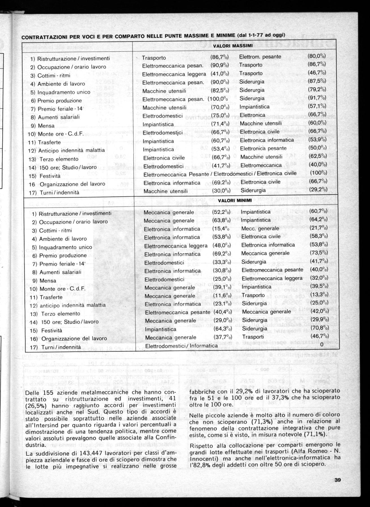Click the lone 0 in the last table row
322,345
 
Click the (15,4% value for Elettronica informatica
220,229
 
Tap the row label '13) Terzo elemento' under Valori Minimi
57,314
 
